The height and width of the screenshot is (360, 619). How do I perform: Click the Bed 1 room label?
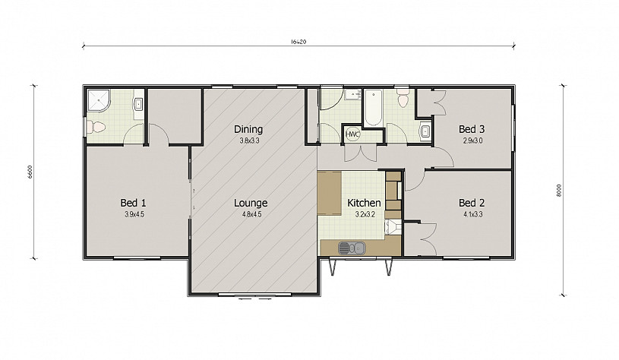(133, 203)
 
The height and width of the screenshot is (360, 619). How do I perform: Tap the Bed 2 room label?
(472, 203)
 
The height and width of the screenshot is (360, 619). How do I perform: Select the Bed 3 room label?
(472, 129)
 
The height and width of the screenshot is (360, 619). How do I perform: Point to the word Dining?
(248, 129)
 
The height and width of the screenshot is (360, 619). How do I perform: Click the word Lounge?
(251, 204)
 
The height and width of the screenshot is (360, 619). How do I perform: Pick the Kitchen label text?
(364, 203)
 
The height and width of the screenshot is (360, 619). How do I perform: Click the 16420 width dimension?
(298, 42)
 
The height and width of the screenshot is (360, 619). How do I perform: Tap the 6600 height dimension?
(30, 172)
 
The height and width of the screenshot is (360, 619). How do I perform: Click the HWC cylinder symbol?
(352, 134)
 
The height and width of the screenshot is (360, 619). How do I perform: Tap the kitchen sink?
(352, 248)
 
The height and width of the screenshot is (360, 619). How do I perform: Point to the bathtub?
(373, 108)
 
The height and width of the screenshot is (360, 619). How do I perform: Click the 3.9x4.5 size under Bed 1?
(133, 214)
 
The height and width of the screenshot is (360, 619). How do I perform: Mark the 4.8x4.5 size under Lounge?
(251, 214)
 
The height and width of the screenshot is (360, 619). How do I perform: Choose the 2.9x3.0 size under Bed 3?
(472, 141)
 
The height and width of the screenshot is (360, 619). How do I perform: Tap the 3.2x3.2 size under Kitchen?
(365, 214)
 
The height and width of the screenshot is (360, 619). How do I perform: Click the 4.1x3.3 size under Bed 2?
(473, 214)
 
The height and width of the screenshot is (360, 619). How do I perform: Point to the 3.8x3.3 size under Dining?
(249, 141)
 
